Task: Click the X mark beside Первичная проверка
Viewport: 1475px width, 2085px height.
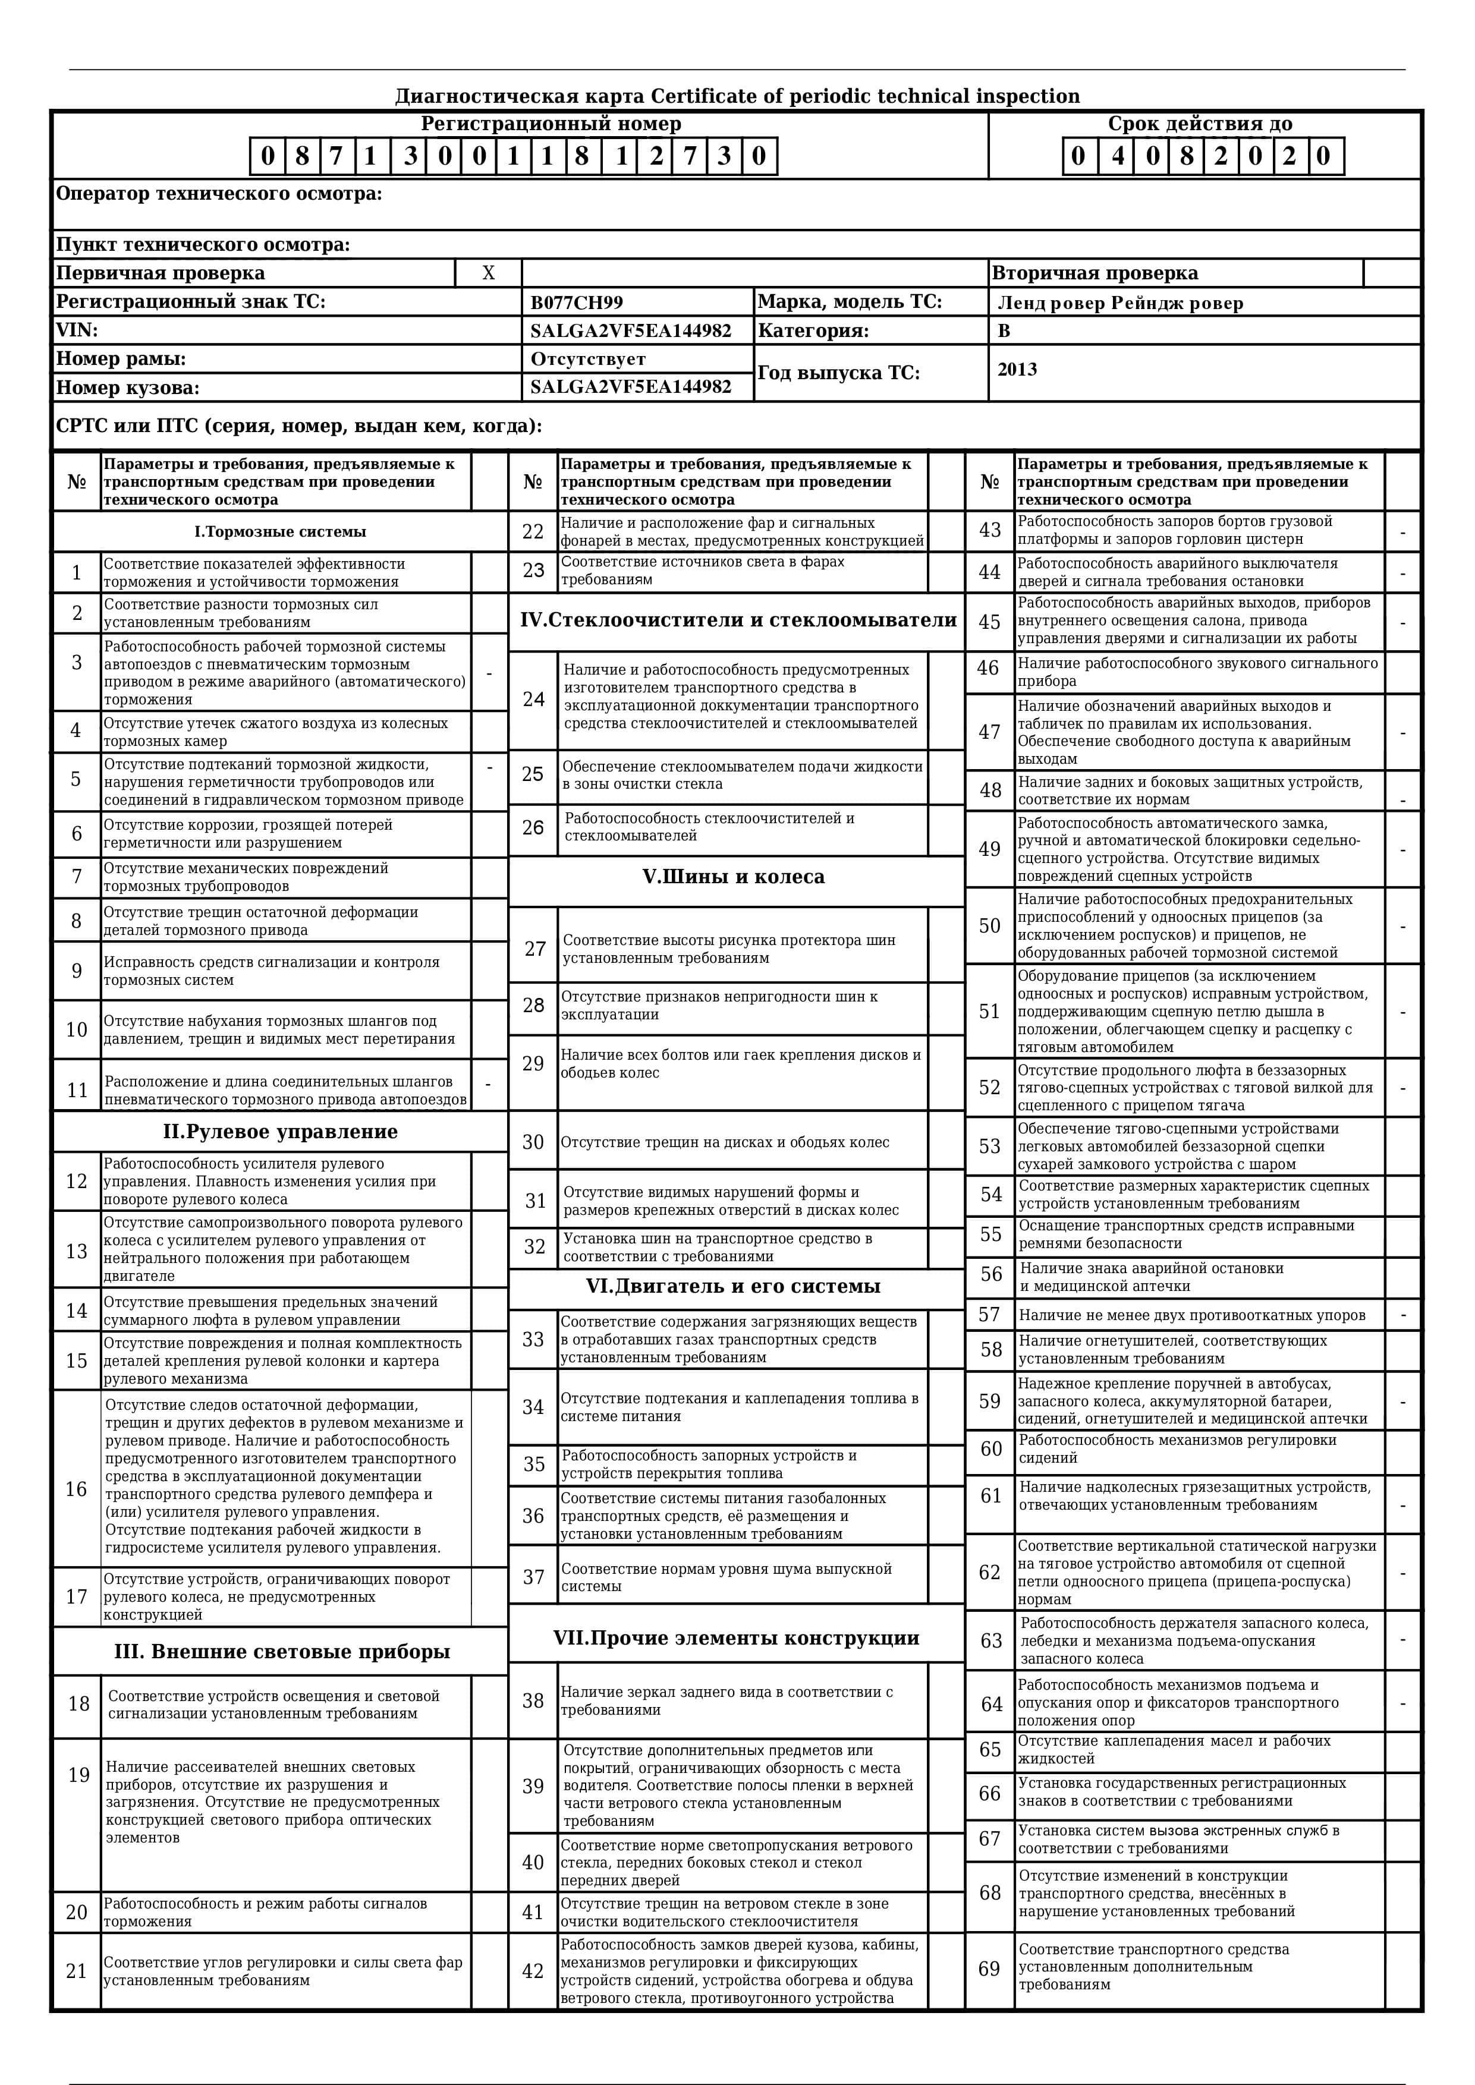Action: [489, 273]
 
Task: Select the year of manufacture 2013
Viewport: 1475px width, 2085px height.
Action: [1017, 370]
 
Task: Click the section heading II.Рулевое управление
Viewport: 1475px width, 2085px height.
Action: [280, 1132]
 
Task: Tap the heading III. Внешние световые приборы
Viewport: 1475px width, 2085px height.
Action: [282, 1651]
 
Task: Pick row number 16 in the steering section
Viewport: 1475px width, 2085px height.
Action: [76, 1489]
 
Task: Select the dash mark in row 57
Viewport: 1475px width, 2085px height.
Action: [1403, 1315]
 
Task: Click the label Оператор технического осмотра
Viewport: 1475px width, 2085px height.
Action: [219, 193]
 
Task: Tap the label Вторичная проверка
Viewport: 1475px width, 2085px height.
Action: [1095, 273]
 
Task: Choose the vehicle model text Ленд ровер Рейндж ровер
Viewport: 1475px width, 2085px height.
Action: [1120, 303]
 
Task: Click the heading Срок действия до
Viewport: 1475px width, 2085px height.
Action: [1200, 124]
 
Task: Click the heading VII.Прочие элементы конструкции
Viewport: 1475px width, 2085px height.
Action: [735, 1638]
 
